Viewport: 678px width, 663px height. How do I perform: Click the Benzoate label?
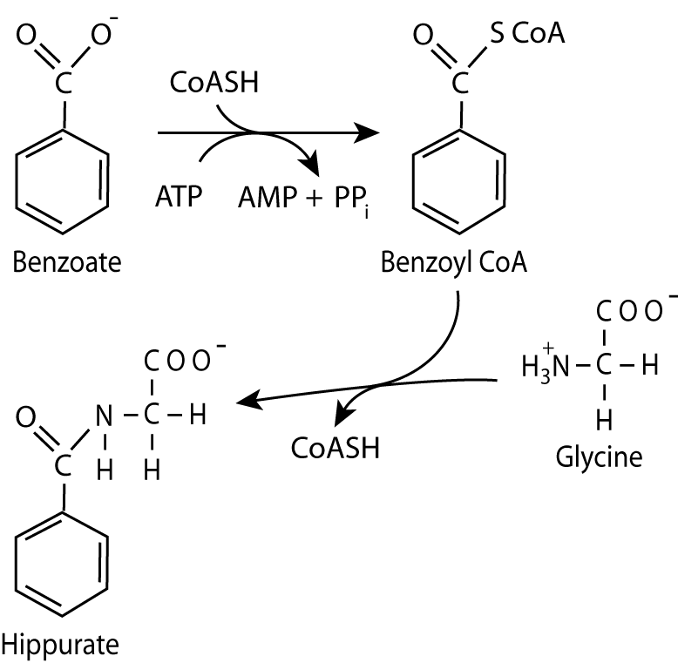(67, 261)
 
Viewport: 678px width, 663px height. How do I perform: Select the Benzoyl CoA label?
(454, 261)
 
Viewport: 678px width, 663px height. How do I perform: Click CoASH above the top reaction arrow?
(214, 86)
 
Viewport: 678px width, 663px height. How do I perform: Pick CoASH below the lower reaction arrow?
(336, 449)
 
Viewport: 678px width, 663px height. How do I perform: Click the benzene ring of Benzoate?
(63, 179)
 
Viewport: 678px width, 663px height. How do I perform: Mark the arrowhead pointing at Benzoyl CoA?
(370, 133)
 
